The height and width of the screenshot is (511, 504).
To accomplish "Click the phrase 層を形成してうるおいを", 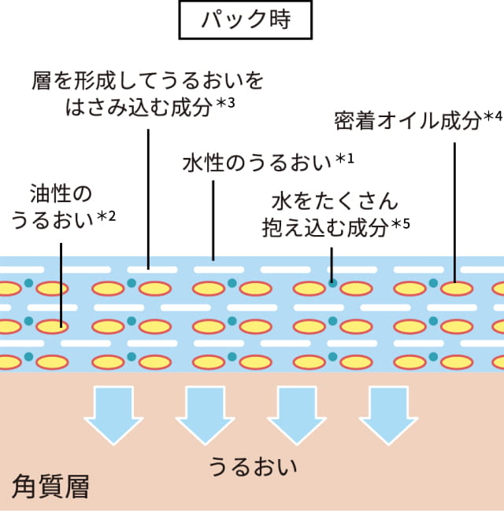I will [x=147, y=81].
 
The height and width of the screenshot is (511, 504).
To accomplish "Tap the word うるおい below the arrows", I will [x=252, y=466].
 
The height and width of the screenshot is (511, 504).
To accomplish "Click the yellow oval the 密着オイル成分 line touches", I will [x=456, y=288].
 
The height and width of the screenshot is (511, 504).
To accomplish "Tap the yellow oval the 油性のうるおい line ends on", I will [x=62, y=324].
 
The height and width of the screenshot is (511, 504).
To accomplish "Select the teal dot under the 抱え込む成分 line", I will [x=332, y=281].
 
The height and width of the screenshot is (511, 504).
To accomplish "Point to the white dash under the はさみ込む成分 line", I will [x=148, y=268].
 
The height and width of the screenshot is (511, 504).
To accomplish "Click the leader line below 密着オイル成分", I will [x=456, y=204].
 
